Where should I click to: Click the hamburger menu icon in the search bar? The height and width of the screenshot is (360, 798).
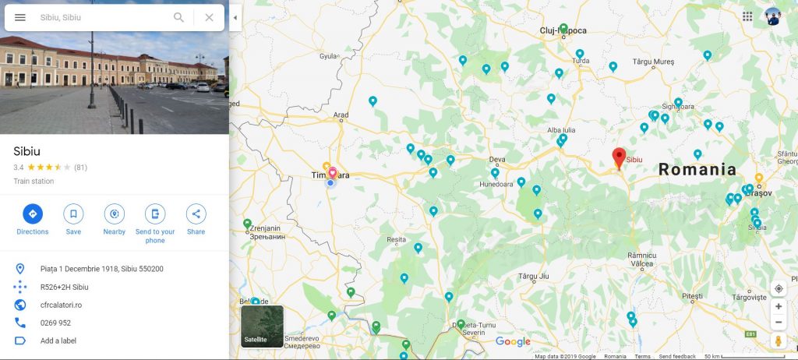click(x=20, y=17)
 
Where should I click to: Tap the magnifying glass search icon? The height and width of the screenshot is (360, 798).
click(x=179, y=17)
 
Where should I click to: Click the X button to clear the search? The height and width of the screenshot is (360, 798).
click(x=209, y=17)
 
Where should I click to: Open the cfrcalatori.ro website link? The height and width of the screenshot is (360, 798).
click(x=61, y=305)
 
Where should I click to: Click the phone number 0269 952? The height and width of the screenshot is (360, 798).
click(x=55, y=323)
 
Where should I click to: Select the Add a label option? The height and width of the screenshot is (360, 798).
click(x=58, y=341)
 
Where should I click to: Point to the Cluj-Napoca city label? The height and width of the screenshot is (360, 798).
click(x=563, y=31)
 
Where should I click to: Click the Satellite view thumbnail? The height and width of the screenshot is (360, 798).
click(x=262, y=326)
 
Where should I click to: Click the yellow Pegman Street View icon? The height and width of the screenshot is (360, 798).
click(x=778, y=341)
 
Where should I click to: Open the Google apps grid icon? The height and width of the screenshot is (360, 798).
click(x=747, y=16)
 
